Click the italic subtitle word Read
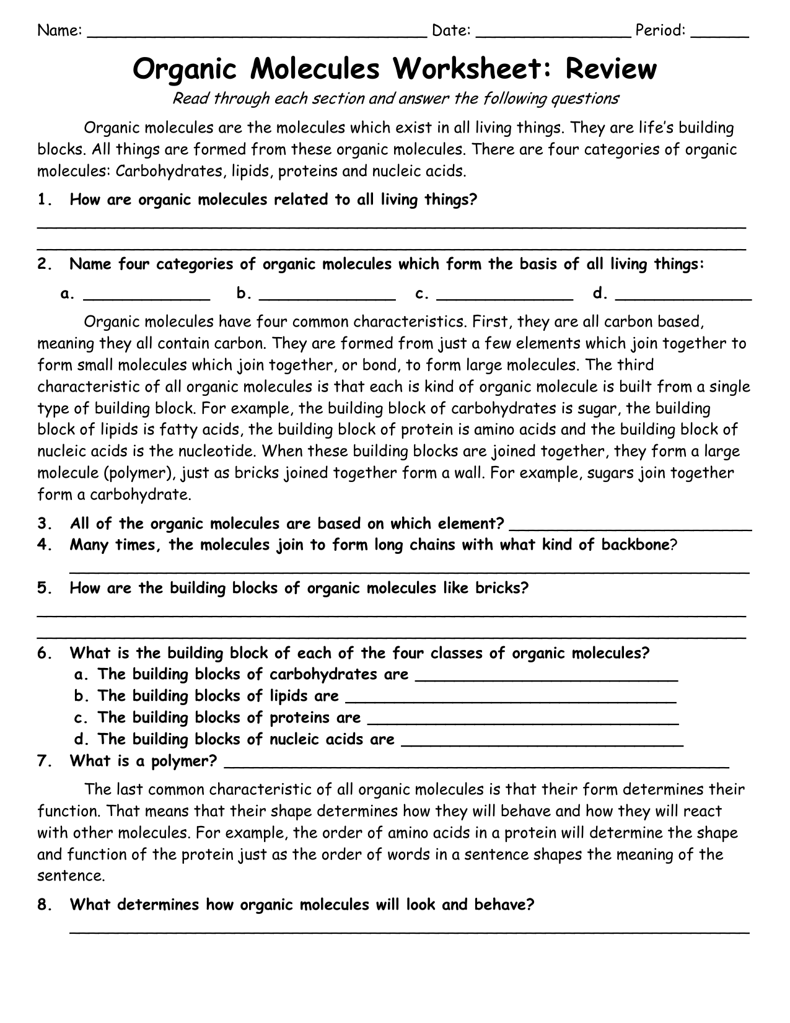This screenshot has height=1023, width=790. tap(188, 99)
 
